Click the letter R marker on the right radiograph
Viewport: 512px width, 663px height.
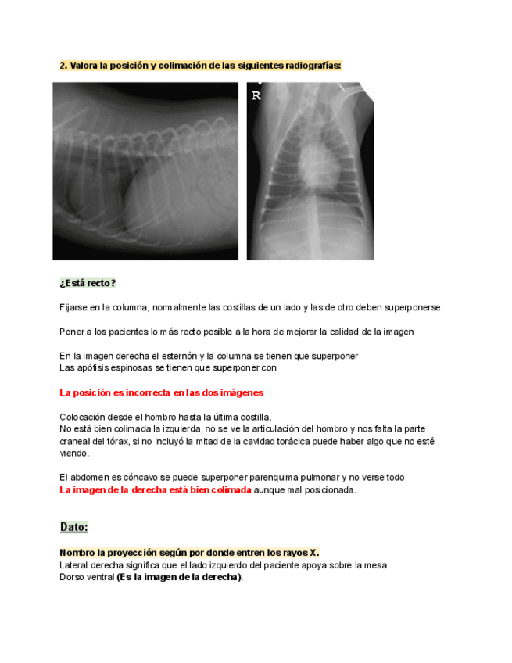pyautogui.click(x=256, y=96)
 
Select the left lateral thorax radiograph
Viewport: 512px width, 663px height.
pyautogui.click(x=145, y=171)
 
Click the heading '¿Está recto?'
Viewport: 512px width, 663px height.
pyautogui.click(x=88, y=283)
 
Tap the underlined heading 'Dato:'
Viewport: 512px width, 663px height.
pyautogui.click(x=74, y=527)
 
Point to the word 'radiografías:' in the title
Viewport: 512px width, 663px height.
pyautogui.click(x=311, y=66)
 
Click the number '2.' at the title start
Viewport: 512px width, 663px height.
pyautogui.click(x=64, y=66)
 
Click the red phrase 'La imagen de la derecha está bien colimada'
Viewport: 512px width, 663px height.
pyautogui.click(x=156, y=490)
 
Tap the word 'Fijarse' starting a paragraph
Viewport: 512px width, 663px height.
pyautogui.click(x=75, y=307)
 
